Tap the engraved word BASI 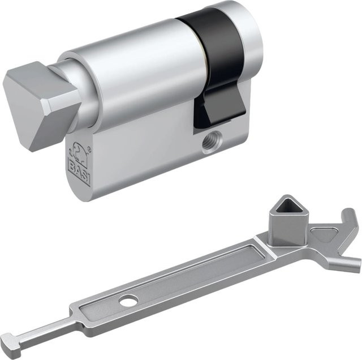tap(79, 170)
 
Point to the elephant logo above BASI tap(79, 152)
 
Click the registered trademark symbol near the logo tap(90, 149)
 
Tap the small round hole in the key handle tap(128, 299)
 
